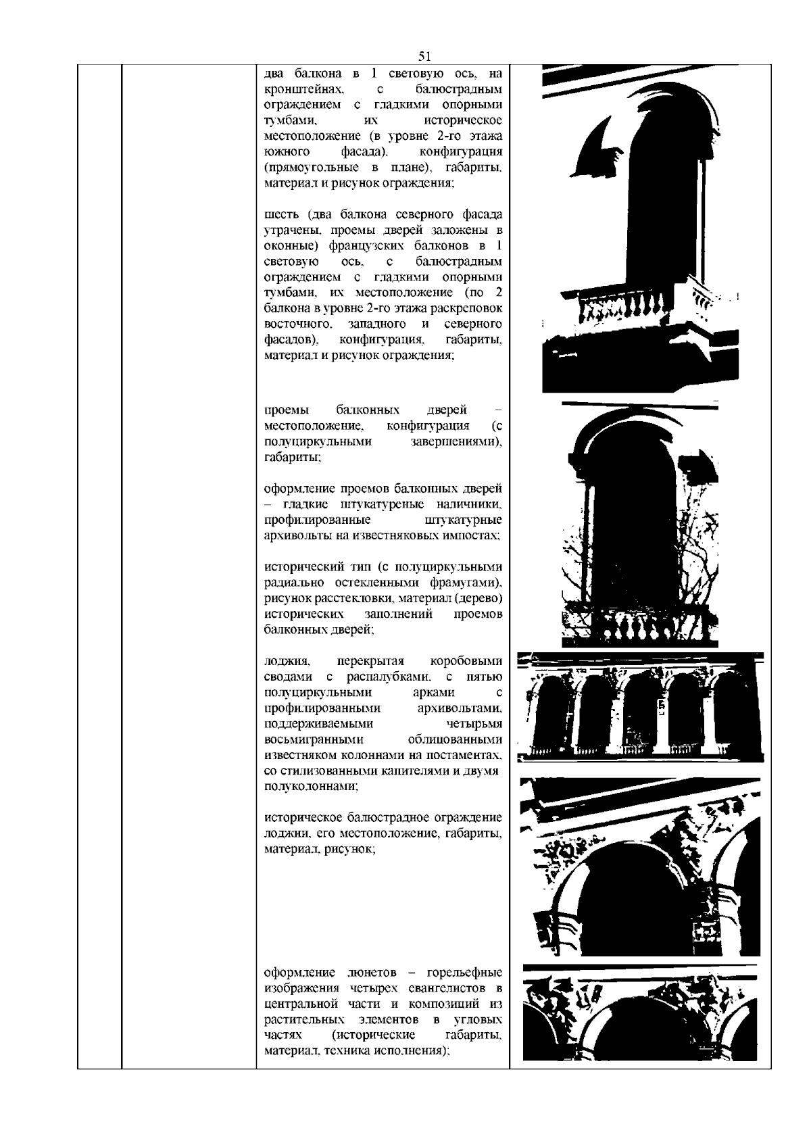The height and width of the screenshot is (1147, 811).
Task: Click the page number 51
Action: point(424,56)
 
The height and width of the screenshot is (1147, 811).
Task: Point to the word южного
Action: point(287,152)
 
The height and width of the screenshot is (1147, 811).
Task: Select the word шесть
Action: point(282,214)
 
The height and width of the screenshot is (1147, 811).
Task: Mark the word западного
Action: point(377,324)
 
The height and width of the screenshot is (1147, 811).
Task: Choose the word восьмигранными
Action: point(314,740)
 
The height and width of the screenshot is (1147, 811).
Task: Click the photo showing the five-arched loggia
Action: point(640,706)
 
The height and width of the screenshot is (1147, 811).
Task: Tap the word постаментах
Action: point(460,755)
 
